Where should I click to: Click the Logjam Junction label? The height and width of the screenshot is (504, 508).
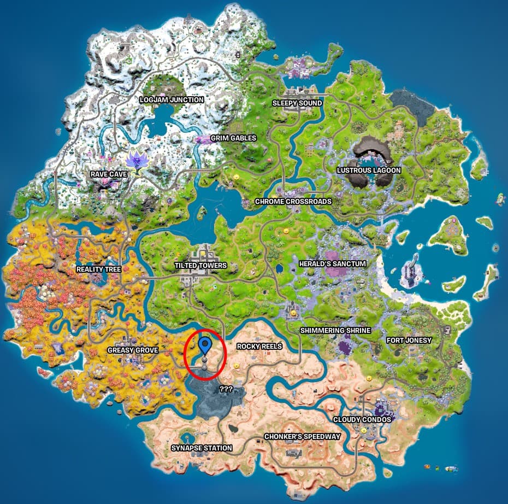[172, 100]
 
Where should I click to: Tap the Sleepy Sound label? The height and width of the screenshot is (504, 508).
[297, 103]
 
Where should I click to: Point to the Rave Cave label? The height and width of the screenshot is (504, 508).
[109, 174]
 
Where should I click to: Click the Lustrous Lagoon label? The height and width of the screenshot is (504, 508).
[369, 171]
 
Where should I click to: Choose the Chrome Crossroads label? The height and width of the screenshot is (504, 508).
[293, 202]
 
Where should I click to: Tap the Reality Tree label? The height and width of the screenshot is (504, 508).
[98, 269]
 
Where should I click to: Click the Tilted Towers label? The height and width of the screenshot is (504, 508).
[200, 266]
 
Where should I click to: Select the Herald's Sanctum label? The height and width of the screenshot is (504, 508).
[333, 264]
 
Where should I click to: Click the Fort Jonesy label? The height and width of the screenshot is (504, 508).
[409, 341]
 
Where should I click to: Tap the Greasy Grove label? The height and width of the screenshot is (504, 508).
[133, 350]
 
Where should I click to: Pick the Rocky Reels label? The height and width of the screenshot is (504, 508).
[259, 347]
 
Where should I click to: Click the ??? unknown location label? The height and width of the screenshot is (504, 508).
[227, 389]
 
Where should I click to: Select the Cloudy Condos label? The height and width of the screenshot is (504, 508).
[362, 419]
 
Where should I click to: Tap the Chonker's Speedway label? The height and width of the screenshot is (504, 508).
[302, 437]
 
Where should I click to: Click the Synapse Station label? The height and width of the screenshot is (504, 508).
[202, 448]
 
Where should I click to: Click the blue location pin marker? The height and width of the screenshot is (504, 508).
[205, 345]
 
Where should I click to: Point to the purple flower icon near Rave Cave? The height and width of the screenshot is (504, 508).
[135, 162]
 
